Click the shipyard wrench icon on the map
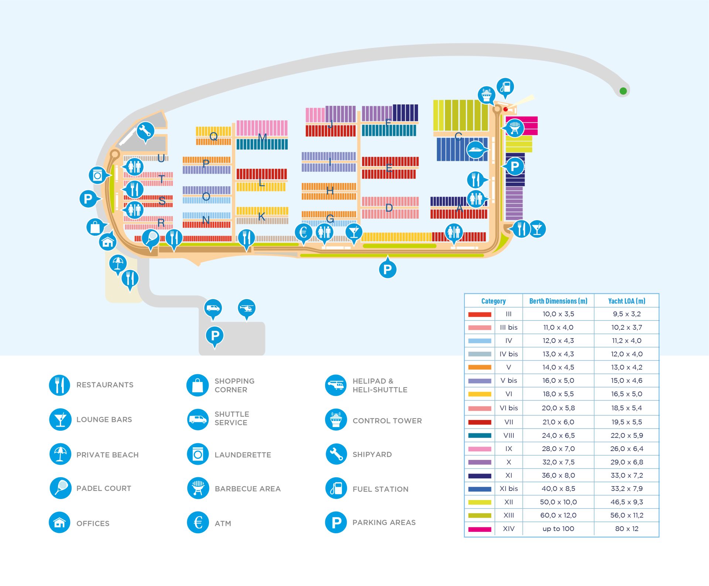pyautogui.click(x=145, y=131)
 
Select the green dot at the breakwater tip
pyautogui.click(x=623, y=91)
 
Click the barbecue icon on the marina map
pyautogui.click(x=514, y=128)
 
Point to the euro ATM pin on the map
pyautogui.click(x=304, y=232)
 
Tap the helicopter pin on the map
pyautogui.click(x=247, y=308)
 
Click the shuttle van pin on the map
pyautogui.click(x=213, y=308)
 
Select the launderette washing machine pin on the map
pyautogui.click(x=98, y=176)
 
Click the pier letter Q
pyautogui.click(x=213, y=136)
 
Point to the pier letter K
pyautogui.click(x=261, y=216)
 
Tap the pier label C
pyautogui.click(x=458, y=136)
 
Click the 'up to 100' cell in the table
pyautogui.click(x=558, y=529)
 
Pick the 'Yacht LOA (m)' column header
pyautogui.click(x=627, y=301)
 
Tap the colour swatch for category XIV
pyautogui.click(x=480, y=529)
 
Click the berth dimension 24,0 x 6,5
pyautogui.click(x=558, y=436)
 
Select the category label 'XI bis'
pyautogui.click(x=508, y=489)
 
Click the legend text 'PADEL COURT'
pyautogui.click(x=104, y=489)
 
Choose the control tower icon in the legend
pyautogui.click(x=336, y=420)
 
